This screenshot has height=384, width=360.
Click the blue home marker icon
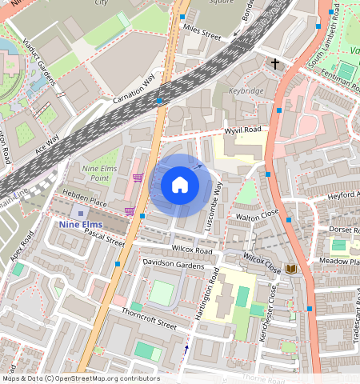click(180, 186)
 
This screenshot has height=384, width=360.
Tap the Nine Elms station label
click(81, 225)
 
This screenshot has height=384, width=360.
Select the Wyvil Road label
click(242, 130)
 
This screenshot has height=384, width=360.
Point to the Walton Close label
click(256, 215)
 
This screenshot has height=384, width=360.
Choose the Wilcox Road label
click(192, 250)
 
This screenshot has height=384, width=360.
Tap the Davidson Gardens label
click(174, 263)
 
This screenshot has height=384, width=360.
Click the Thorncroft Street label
click(144, 320)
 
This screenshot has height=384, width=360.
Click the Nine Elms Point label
click(100, 174)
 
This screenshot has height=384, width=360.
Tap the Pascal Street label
click(105, 238)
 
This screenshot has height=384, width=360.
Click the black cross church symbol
click(275, 63)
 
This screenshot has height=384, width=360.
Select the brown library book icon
click(291, 269)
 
